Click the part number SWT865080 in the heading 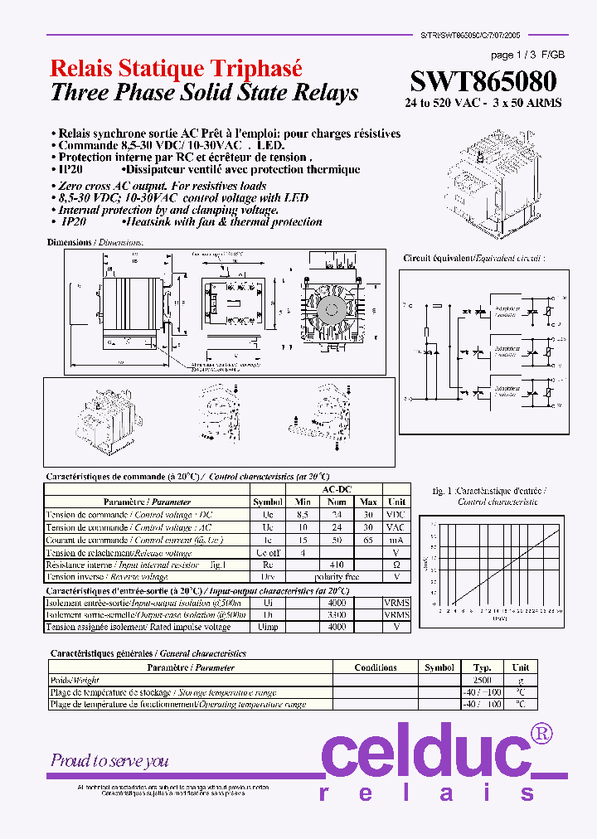(483, 82)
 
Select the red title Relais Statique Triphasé (176, 68)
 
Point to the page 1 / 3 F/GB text (528, 56)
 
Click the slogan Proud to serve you (109, 760)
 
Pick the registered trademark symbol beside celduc (541, 733)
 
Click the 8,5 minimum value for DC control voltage (303, 515)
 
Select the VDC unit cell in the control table (396, 515)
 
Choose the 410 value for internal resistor (336, 565)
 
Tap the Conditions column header (375, 667)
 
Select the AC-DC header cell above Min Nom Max (336, 489)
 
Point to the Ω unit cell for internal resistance (396, 565)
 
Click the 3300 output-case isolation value (336, 615)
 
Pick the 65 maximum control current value (368, 540)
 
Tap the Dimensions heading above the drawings (95, 242)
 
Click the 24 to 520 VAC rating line (483, 104)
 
